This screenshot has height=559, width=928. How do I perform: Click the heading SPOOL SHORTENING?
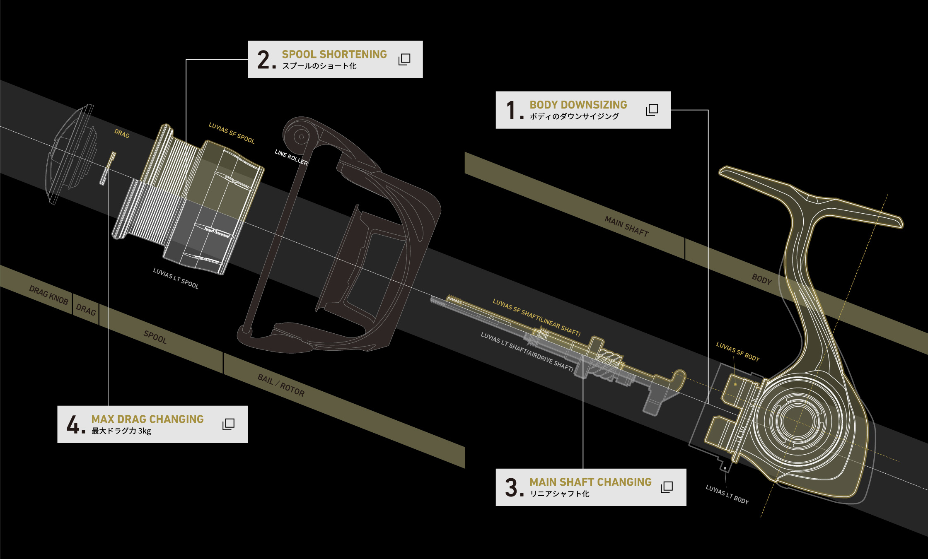pos(334,54)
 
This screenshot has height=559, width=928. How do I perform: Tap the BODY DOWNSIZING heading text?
pos(578,105)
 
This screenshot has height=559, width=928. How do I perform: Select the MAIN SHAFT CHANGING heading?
pos(590,482)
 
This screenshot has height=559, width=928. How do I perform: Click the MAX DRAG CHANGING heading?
pos(147,419)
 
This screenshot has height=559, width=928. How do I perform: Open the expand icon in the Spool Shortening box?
pos(404,59)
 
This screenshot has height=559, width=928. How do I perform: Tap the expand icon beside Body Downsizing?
pos(652,110)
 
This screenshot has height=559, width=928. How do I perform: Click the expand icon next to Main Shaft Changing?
pos(667,487)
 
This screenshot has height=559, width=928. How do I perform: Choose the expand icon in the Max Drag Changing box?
pos(228,424)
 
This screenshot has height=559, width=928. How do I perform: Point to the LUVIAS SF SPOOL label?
pos(232,133)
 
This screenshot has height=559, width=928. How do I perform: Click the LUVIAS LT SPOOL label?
pos(176,278)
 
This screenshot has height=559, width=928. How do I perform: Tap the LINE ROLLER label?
pos(291,157)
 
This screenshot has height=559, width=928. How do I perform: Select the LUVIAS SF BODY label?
pos(737,352)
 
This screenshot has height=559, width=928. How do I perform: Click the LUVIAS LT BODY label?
pos(727,494)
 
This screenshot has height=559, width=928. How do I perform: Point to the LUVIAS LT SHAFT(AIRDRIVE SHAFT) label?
pos(527,351)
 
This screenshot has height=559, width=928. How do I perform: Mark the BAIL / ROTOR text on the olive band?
pos(281,385)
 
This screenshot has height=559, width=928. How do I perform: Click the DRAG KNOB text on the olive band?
pos(48,295)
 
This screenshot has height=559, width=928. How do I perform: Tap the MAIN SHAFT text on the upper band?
pos(626,226)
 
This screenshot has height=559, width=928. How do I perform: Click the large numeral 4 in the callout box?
pos(73,425)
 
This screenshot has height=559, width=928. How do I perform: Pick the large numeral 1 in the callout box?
pos(511,111)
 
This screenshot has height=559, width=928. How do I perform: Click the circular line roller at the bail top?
pos(301,137)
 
